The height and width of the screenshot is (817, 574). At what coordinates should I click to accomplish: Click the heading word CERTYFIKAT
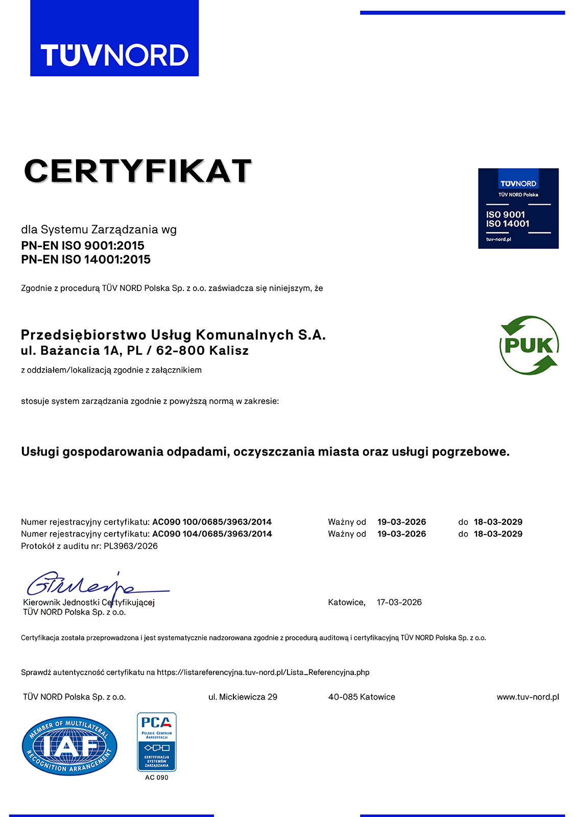click(x=138, y=171)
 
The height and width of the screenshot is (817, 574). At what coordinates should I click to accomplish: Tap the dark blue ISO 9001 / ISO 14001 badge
click(x=518, y=208)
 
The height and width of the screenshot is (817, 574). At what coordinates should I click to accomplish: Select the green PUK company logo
click(x=529, y=345)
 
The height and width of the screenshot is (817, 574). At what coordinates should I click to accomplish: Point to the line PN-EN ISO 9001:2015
click(x=83, y=246)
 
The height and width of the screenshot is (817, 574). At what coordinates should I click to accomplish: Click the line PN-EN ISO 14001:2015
click(x=86, y=259)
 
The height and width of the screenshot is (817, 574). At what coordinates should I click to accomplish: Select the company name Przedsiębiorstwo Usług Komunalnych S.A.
click(x=173, y=335)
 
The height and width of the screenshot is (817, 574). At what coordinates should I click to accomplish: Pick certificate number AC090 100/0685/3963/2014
click(x=212, y=522)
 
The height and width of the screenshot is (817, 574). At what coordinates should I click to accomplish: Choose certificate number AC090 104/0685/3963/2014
click(x=212, y=534)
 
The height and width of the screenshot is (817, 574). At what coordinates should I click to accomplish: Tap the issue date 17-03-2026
click(x=399, y=603)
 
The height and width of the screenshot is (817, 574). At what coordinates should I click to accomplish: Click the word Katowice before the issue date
click(x=346, y=603)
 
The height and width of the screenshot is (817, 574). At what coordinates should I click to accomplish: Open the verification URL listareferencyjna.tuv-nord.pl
click(x=263, y=672)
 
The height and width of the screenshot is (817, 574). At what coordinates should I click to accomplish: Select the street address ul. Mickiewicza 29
click(x=243, y=697)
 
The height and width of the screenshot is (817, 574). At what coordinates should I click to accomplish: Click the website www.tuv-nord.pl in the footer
click(x=528, y=697)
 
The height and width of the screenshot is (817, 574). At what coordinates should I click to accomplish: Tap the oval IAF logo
click(x=69, y=746)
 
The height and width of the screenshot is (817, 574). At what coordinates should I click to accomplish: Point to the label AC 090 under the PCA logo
click(x=156, y=778)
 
